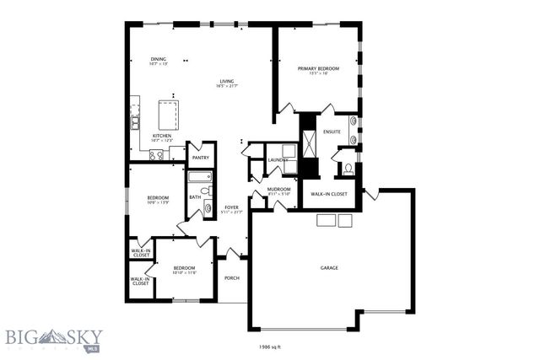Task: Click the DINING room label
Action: pos(159,59)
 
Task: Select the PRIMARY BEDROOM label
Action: pos(317,68)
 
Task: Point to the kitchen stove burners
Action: pos(156,154)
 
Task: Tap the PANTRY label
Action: pos(201,158)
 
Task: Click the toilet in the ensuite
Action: pos(348,169)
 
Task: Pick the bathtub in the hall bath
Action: pos(200,177)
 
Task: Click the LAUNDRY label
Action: pos(278,159)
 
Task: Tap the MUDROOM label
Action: pos(278,190)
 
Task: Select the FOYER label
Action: pos(231,208)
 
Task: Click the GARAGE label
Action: pos(328,267)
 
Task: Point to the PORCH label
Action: pos(231,278)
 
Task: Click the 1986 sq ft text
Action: pos(270,346)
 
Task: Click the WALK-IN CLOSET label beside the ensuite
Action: pos(329,194)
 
